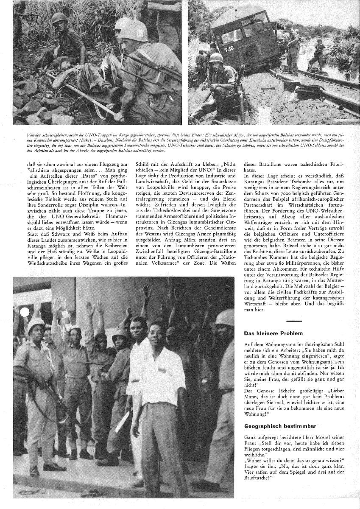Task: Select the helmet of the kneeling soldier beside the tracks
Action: point(218,57)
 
